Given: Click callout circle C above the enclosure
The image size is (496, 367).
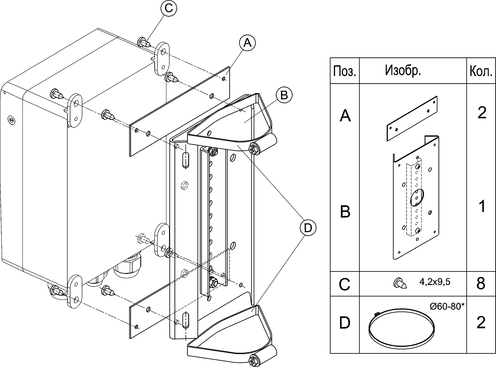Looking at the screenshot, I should click(168, 8).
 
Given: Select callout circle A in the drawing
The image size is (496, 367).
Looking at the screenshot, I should click(247, 43).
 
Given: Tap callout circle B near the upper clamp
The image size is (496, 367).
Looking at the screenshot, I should click(284, 95).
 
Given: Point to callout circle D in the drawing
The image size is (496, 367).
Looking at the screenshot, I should click(307, 228).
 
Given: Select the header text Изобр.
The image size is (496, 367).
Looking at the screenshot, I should click(403, 70).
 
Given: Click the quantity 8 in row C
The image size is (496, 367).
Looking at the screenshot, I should click(481, 283).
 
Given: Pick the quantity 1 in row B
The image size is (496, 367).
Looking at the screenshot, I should click(481, 206).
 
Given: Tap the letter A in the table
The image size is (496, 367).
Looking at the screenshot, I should click(345, 116).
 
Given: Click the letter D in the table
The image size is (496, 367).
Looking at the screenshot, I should click(345, 323).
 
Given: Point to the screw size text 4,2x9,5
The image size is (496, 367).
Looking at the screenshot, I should click(434, 282).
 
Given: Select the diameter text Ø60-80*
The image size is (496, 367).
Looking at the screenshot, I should click(447, 306).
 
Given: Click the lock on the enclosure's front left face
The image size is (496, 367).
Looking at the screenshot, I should click(11, 119).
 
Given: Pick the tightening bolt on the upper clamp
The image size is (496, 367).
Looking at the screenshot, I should click(254, 148).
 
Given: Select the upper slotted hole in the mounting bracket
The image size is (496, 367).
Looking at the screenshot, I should click(185, 159).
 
